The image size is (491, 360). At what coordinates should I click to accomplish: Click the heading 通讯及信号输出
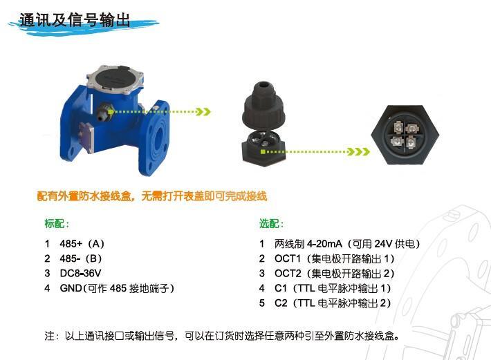pos(75,20)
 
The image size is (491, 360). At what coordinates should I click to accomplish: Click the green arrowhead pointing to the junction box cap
pos(203,112)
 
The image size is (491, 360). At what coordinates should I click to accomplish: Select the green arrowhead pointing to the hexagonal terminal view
pos(359,152)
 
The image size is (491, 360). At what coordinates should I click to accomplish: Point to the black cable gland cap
pos(263,104)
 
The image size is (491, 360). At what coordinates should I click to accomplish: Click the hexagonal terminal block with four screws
pos(405,135)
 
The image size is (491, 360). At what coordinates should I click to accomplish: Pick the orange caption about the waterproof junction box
pos(152,196)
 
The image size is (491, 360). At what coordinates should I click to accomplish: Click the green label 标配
pos(57,224)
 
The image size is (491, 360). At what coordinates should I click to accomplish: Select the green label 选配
pos(271,224)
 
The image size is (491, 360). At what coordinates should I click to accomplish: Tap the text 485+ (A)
pos(82,244)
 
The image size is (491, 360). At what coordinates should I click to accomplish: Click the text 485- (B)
pos(81,258)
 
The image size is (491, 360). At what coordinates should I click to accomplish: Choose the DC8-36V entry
pos(80,274)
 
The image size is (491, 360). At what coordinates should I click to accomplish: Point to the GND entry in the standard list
pos(117,288)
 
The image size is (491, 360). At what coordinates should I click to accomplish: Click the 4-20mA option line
pos(347,244)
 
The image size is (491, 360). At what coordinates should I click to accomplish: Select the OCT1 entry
pos(334,258)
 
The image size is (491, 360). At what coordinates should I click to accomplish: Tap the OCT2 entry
pos(334,274)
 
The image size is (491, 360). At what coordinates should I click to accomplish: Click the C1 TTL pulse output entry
pos(333,288)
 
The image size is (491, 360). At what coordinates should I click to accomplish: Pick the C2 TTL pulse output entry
pos(333,303)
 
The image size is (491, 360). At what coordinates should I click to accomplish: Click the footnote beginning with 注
pos(222,336)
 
